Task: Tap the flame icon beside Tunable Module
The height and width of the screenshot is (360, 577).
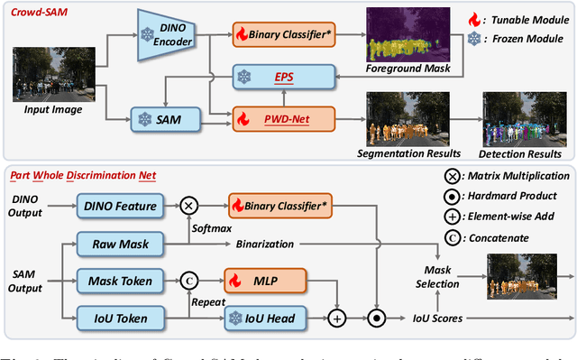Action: (x=475, y=19)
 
